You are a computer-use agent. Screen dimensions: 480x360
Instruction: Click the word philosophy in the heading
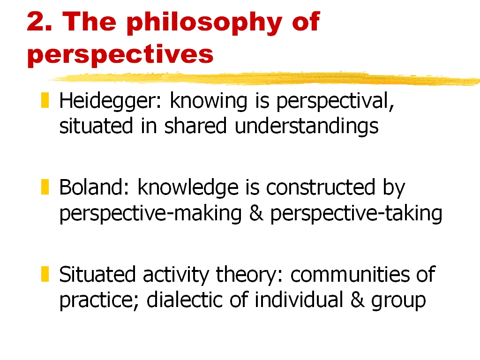click(x=204, y=23)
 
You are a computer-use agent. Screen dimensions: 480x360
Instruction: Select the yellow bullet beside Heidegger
click(x=45, y=100)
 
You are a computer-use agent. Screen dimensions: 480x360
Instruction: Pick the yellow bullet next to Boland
click(x=45, y=187)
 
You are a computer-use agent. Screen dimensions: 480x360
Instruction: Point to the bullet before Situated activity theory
click(x=45, y=274)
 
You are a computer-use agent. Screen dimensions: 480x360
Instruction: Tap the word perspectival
click(x=335, y=101)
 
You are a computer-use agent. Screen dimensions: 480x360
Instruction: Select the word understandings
click(x=307, y=127)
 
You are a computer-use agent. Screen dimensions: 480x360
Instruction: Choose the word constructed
click(x=321, y=187)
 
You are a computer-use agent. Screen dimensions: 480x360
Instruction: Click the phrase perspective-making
click(x=150, y=214)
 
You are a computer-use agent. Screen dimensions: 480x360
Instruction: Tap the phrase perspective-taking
click(x=356, y=214)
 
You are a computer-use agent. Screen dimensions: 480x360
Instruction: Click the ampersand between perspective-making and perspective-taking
click(x=256, y=213)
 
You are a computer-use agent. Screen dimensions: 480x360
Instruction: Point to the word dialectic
click(x=184, y=300)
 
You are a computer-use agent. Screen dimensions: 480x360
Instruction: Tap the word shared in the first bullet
click(x=195, y=126)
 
